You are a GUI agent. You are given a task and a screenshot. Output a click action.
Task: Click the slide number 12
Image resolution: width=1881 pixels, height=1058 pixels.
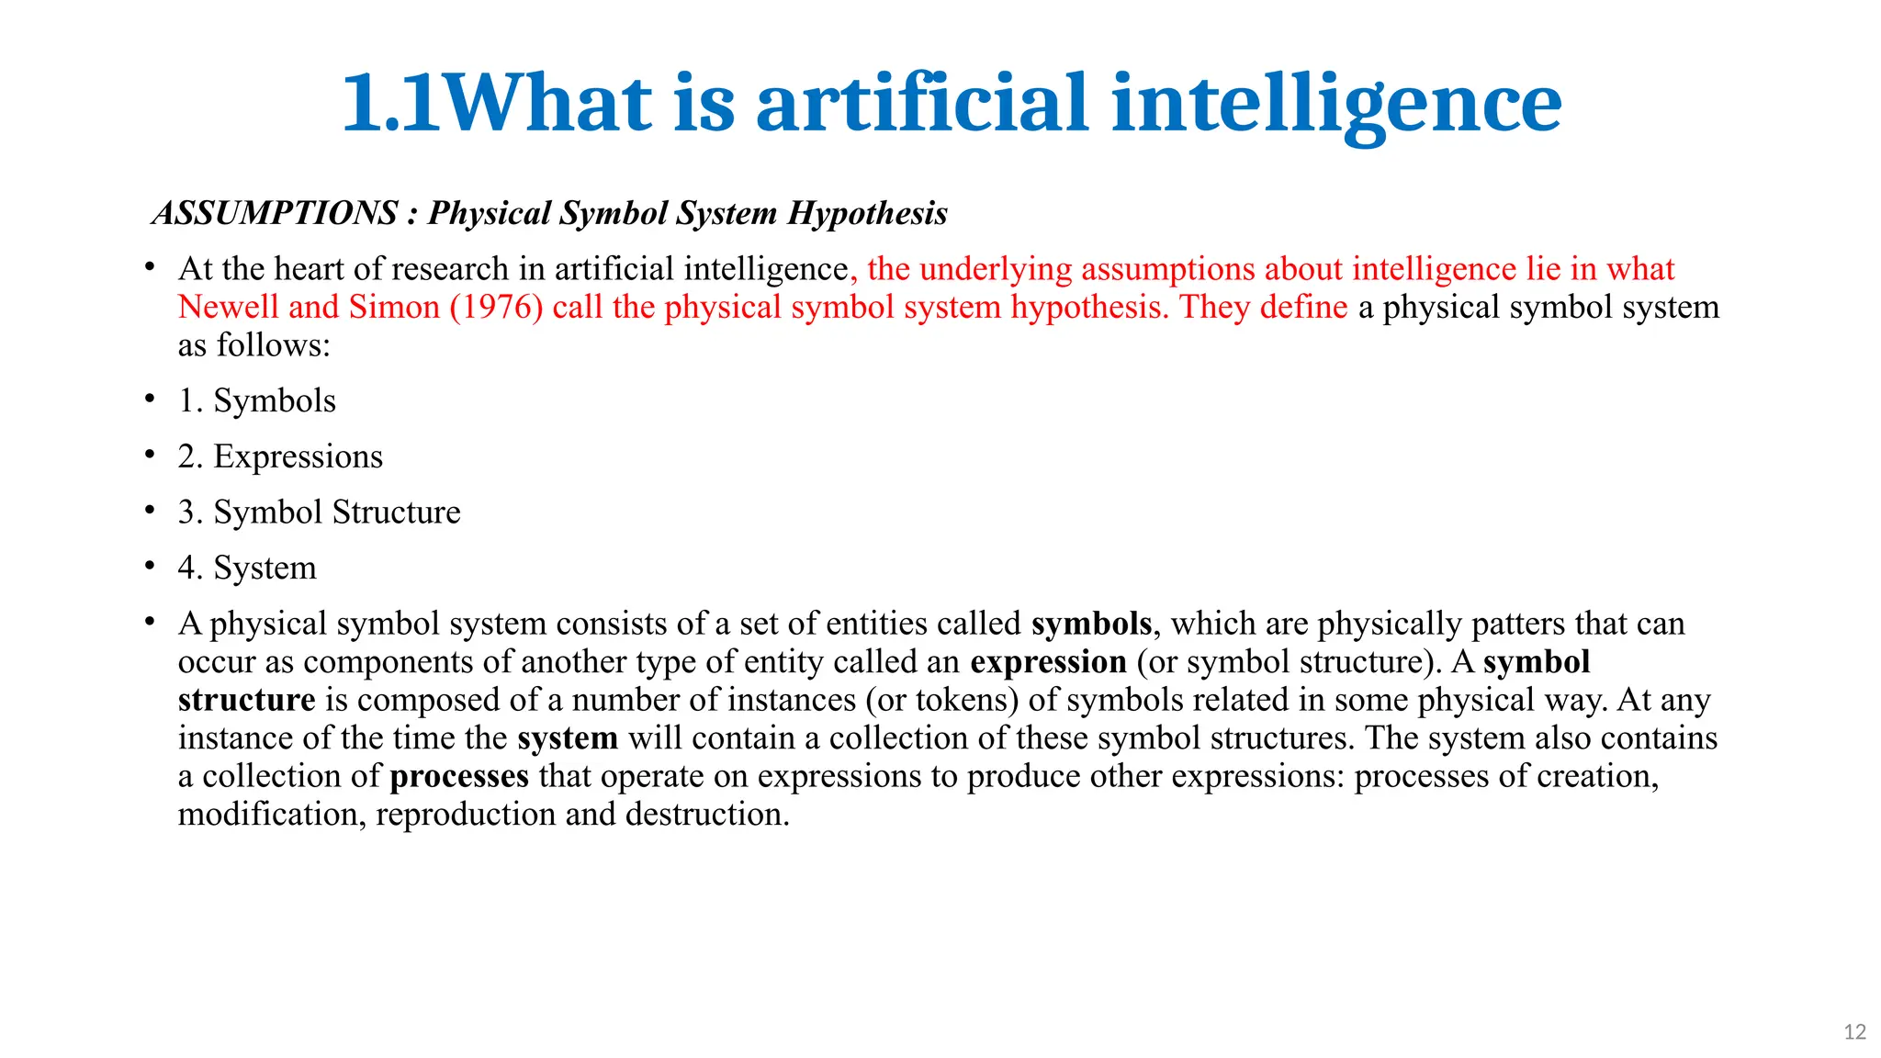coord(1854,1032)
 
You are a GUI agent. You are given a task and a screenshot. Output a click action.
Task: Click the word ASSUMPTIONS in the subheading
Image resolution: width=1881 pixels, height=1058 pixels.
coord(275,213)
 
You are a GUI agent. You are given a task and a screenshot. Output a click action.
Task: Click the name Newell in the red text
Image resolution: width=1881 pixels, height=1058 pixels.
coord(228,307)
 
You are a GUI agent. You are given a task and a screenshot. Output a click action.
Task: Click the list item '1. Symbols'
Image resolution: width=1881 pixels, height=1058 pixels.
coord(257,400)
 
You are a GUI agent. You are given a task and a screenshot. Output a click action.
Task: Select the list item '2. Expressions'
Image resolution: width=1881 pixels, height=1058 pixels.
coord(280,456)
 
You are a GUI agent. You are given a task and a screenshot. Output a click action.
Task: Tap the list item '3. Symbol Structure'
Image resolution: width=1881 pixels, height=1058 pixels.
coord(319,512)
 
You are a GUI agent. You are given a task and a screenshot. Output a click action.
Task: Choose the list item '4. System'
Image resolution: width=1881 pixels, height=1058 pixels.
coord(247,568)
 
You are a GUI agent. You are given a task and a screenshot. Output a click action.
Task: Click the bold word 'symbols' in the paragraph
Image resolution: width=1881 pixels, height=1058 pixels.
coord(1091,624)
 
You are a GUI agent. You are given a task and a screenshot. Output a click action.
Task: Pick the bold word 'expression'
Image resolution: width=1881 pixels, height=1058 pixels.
coord(1048,661)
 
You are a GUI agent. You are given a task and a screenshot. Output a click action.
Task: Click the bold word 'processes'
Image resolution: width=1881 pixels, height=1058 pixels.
coord(459,776)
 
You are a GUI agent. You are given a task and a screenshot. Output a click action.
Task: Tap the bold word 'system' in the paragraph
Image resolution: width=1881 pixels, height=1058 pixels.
coord(568,737)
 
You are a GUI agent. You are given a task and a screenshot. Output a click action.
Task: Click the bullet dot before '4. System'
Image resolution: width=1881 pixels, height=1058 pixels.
coord(150,567)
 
